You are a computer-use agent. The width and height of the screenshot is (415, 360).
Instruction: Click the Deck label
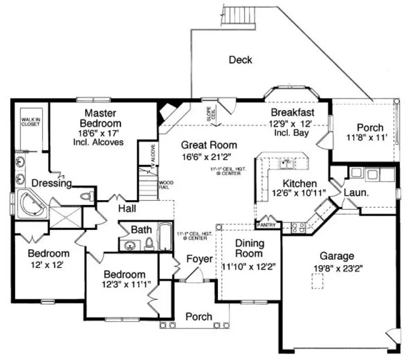click(x=240, y=60)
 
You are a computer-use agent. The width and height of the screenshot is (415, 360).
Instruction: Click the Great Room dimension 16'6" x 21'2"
click(x=209, y=157)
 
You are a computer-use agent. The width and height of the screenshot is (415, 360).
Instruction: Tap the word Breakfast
click(x=293, y=112)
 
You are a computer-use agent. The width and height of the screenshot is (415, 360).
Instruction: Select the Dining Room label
click(x=249, y=248)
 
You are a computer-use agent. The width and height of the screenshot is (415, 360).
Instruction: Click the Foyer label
click(x=199, y=259)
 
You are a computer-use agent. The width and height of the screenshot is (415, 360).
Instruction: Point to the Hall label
click(x=128, y=209)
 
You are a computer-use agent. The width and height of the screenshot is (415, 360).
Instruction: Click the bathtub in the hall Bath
click(x=164, y=236)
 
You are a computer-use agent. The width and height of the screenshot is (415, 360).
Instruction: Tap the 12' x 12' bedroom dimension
click(x=49, y=265)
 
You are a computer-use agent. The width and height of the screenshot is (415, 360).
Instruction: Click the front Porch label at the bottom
click(x=198, y=317)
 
